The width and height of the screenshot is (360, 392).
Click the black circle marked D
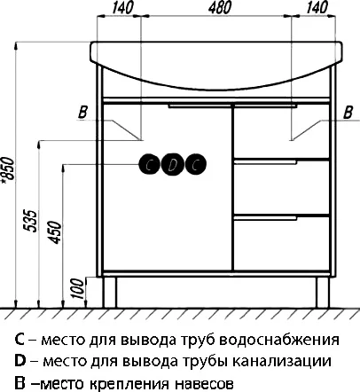[174, 163]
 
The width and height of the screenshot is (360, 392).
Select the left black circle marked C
[151, 163]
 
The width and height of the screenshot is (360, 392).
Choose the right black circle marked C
[197, 163]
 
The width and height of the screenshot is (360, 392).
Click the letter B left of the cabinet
[82, 111]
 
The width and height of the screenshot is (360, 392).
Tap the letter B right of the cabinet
[348, 111]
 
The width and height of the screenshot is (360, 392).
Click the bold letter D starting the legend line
[20, 362]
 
